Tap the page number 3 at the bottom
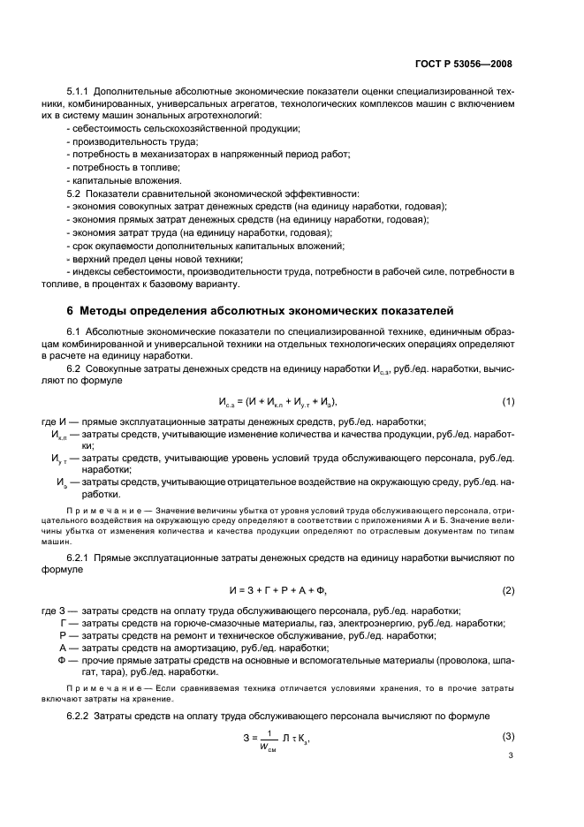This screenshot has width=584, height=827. click(x=510, y=757)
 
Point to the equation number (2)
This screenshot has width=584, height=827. click(x=508, y=589)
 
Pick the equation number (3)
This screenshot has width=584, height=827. click(x=508, y=736)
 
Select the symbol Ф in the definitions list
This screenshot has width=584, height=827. click(x=62, y=660)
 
